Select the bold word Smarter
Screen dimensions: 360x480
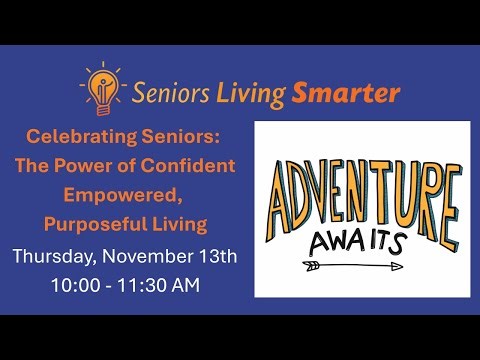(x=346, y=93)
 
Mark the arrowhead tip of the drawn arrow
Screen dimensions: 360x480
(x=400, y=267)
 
